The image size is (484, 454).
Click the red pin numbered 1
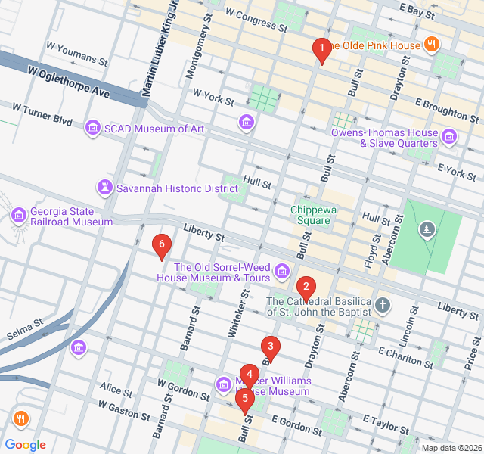(321, 51)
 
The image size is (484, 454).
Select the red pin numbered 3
(270, 347)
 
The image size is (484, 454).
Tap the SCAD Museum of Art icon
(93, 128)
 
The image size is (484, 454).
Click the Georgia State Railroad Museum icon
(19, 216)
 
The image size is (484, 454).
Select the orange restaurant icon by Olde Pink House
(431, 45)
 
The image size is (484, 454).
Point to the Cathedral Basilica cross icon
(384, 305)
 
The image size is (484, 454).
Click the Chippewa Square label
(311, 215)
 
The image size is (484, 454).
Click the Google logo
(26, 445)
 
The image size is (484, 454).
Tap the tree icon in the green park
(429, 229)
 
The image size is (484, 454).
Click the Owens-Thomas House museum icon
(450, 137)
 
